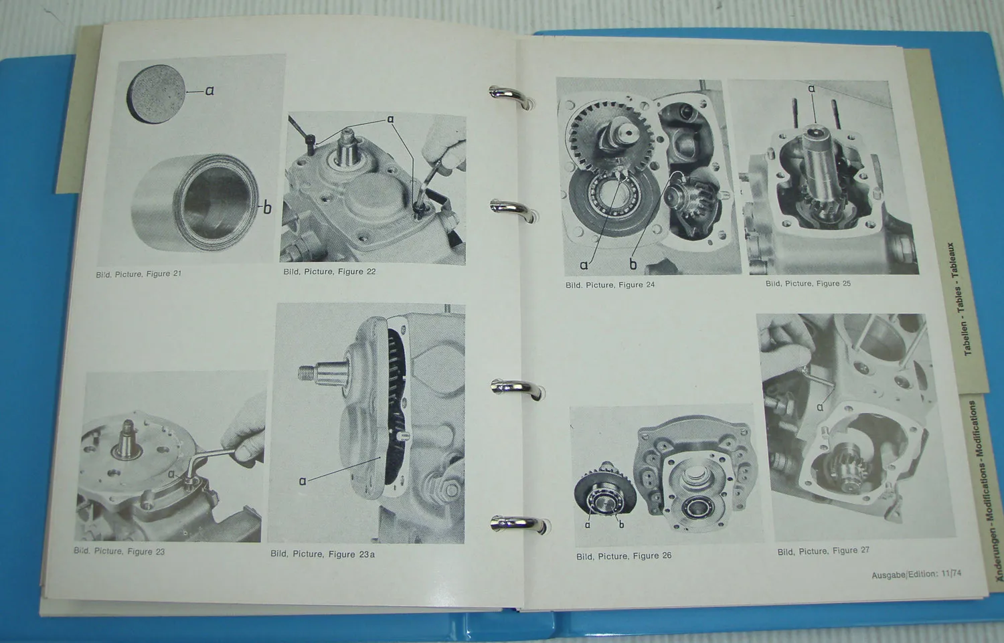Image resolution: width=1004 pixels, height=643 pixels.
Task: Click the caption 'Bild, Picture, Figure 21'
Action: [x=138, y=274]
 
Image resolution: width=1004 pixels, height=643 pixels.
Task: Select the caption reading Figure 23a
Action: [x=323, y=554]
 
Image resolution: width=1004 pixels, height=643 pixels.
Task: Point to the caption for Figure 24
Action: [x=610, y=285]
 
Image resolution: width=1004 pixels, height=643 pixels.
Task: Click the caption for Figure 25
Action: [x=808, y=284]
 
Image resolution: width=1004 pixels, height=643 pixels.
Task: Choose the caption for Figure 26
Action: [x=624, y=556]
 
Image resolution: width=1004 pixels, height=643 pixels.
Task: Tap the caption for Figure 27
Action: [x=823, y=551]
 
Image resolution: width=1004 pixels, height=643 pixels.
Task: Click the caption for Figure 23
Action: [x=119, y=551]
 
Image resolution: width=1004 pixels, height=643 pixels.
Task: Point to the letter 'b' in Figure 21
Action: [x=267, y=208]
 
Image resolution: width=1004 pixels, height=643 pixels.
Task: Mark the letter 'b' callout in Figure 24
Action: [x=633, y=265]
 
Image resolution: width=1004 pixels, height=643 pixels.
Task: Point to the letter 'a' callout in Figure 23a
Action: [x=303, y=480]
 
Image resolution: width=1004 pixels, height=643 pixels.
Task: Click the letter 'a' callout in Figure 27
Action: [x=820, y=407]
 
